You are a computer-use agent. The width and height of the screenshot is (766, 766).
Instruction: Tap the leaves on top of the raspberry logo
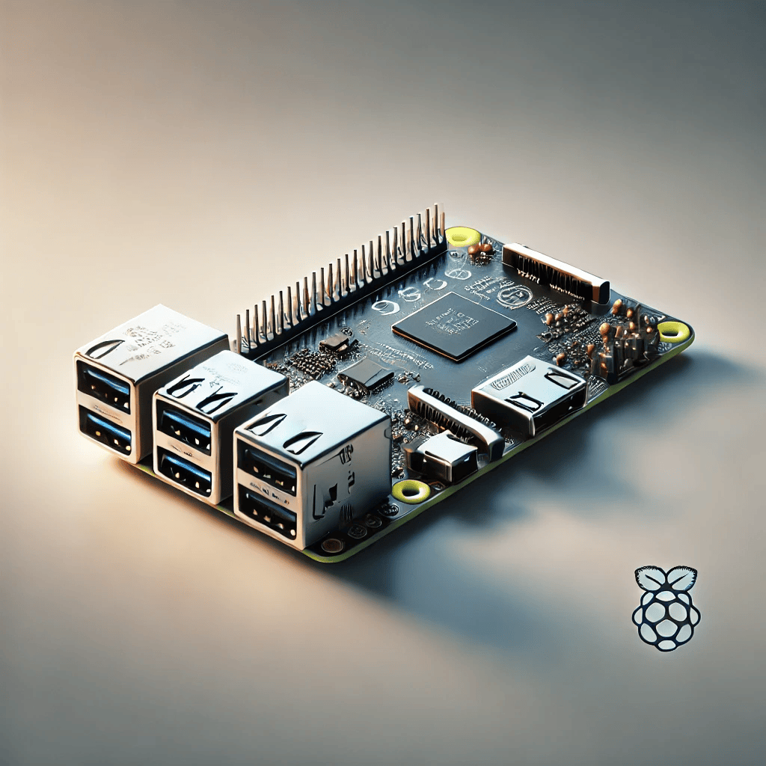click(666, 578)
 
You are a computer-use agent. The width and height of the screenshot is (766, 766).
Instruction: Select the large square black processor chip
click(454, 326)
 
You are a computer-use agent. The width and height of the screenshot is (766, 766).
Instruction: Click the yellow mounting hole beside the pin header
click(463, 237)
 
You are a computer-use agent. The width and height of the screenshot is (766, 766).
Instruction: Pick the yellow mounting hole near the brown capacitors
click(672, 330)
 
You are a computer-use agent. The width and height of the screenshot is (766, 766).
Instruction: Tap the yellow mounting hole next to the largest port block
click(411, 491)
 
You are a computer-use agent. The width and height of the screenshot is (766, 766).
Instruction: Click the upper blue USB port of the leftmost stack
click(105, 382)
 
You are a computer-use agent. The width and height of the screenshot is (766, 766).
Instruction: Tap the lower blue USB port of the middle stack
click(185, 471)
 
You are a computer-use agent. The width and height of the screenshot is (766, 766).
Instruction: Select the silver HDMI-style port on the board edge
click(529, 393)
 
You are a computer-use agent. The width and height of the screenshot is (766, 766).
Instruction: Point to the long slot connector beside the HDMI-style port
click(455, 420)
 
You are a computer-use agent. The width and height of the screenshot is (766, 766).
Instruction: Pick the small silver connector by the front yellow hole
click(441, 458)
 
